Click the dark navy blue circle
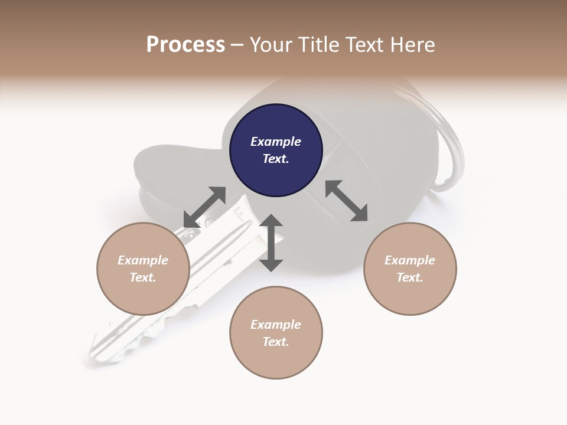pyautogui.click(x=276, y=151)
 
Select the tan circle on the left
pyautogui.click(x=143, y=269)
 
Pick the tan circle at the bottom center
pyautogui.click(x=276, y=332)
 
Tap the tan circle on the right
pyautogui.click(x=410, y=269)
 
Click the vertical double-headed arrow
pyautogui.click(x=271, y=243)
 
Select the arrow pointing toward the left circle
pyautogui.click(x=204, y=207)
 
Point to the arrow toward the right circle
pyautogui.click(x=347, y=201)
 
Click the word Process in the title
pyautogui.click(x=185, y=44)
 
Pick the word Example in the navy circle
pyautogui.click(x=276, y=142)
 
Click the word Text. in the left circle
pyautogui.click(x=143, y=277)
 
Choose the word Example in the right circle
pyautogui.click(x=410, y=260)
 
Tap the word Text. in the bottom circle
pyautogui.click(x=276, y=342)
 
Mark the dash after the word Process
pyautogui.click(x=237, y=45)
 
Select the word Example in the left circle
pyautogui.click(x=143, y=260)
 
